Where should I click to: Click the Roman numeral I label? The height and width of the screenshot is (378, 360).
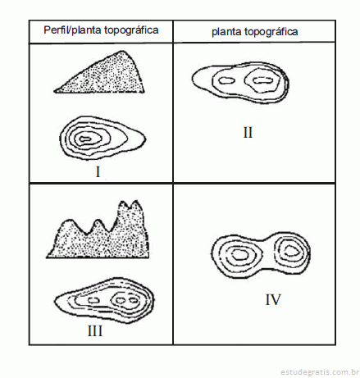[x=98, y=172]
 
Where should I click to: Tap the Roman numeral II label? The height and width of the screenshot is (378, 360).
[x=248, y=133]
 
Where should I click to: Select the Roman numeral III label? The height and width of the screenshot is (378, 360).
[x=95, y=331]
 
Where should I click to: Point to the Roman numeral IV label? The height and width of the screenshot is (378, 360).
[x=273, y=299]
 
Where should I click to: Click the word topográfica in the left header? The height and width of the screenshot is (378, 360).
[x=131, y=30]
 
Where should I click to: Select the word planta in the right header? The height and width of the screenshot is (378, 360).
[x=226, y=32]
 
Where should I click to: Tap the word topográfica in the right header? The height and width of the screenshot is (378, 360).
[x=271, y=32]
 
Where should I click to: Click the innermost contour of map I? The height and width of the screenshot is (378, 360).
[x=85, y=139]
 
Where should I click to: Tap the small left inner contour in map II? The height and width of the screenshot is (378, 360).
[x=227, y=80]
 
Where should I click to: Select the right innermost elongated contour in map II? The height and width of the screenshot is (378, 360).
[x=262, y=80]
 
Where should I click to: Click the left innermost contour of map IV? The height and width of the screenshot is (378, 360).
[x=240, y=255]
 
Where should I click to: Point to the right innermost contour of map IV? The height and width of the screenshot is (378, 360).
[x=291, y=251]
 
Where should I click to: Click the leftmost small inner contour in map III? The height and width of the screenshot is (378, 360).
[x=93, y=300]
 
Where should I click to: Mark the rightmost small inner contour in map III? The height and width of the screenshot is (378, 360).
[x=134, y=301]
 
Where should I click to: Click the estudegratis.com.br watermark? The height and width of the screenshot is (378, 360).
[x=320, y=372]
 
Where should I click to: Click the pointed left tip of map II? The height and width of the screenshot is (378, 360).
[x=193, y=80]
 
